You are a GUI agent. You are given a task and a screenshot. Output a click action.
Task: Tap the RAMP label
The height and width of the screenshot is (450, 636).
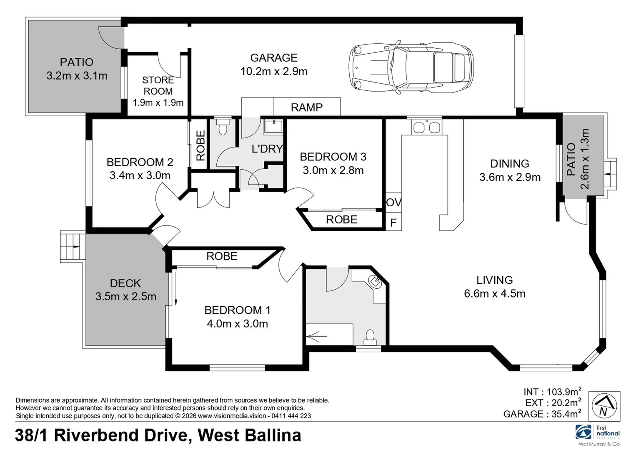[307, 107]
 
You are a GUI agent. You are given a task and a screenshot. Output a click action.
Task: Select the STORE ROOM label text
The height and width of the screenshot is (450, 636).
[158, 86]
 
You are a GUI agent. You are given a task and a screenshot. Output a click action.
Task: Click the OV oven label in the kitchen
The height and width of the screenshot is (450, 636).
[394, 202]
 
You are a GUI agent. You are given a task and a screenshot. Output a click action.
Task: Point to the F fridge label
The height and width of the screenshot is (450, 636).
[393, 223]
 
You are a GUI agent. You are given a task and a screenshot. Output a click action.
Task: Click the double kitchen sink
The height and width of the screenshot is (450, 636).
[427, 127]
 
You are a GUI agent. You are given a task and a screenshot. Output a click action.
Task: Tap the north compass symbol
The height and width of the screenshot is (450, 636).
[604, 406]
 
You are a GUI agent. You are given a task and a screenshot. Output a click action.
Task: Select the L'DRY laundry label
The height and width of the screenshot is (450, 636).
[268, 148]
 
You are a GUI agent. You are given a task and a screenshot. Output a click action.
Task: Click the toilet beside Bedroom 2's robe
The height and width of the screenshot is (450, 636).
[222, 127]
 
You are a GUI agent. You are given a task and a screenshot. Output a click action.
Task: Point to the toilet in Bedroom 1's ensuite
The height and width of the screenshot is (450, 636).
[370, 336]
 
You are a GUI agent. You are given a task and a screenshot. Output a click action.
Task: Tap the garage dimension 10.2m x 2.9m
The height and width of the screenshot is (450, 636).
[274, 71]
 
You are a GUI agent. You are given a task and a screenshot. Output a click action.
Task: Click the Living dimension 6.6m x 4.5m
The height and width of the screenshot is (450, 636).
[495, 294]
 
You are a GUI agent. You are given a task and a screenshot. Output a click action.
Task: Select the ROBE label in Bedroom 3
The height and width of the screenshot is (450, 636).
[342, 220]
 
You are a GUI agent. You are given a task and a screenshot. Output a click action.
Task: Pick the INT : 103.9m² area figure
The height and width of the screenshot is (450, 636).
[552, 392]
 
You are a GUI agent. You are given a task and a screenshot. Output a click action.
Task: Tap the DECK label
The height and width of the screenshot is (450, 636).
[125, 283]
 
